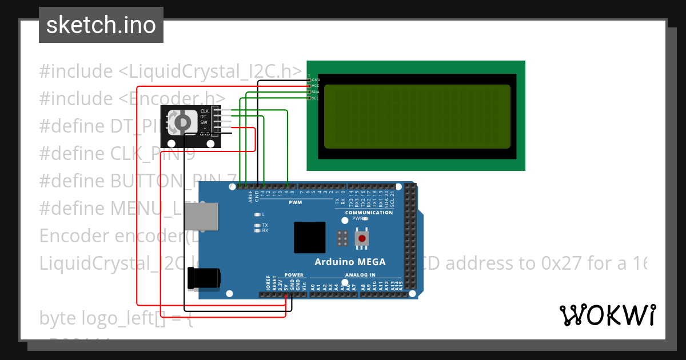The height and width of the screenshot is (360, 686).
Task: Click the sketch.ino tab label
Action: coord(101,25)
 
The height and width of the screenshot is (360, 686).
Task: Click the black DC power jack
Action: coord(205,278)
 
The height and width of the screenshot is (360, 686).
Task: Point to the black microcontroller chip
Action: coord(309,237)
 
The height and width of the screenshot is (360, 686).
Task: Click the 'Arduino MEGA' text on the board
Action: coord(350,262)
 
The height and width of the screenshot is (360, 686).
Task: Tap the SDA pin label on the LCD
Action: coord(315,92)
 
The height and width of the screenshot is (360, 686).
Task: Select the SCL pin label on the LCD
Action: coord(315,98)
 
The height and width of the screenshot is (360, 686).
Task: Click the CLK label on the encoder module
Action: coord(204,111)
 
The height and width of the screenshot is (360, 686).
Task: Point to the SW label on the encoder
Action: coord(204,122)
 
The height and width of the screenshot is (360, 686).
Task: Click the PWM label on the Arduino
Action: coord(295,202)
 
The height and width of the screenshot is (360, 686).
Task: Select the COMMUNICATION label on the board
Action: coord(369,213)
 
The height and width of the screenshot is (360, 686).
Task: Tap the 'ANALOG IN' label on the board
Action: coord(360,275)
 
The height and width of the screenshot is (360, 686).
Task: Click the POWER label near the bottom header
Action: coord(294,275)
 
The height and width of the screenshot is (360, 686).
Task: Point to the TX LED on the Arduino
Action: coord(258,225)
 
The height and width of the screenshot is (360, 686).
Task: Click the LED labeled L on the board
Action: coord(258,214)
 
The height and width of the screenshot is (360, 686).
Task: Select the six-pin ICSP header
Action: coord(342,239)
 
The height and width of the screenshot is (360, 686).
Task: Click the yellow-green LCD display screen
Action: coord(417,117)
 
